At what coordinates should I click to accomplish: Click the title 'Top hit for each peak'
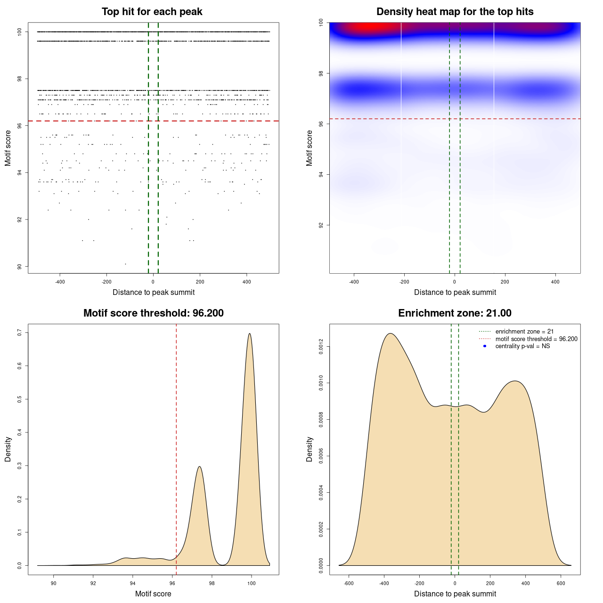click(152, 12)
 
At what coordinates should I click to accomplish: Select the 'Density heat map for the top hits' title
click(455, 12)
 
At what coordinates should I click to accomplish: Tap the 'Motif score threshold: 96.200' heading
click(153, 313)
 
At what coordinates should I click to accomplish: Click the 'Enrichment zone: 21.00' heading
click(455, 313)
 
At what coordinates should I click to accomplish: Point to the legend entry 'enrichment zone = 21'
click(524, 332)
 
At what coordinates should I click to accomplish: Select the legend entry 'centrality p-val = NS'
click(522, 346)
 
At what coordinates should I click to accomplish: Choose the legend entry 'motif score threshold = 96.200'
click(536, 339)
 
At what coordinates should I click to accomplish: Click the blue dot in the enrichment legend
click(485, 346)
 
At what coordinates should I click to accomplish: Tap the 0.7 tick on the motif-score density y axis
click(20, 333)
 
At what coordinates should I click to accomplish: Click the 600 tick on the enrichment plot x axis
click(561, 583)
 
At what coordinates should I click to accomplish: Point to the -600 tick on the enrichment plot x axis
click(349, 583)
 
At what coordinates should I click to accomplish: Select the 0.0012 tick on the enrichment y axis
click(321, 347)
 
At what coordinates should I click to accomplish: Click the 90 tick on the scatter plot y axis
click(20, 267)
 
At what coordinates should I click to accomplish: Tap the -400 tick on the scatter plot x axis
click(60, 282)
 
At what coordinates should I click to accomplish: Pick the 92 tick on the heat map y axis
click(321, 225)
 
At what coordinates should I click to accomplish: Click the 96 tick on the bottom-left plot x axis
click(172, 583)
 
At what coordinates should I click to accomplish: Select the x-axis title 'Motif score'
click(153, 594)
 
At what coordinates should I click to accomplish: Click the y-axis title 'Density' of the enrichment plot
click(310, 449)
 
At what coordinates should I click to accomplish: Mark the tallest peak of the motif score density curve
click(249, 334)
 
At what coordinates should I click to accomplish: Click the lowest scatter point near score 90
click(125, 264)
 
